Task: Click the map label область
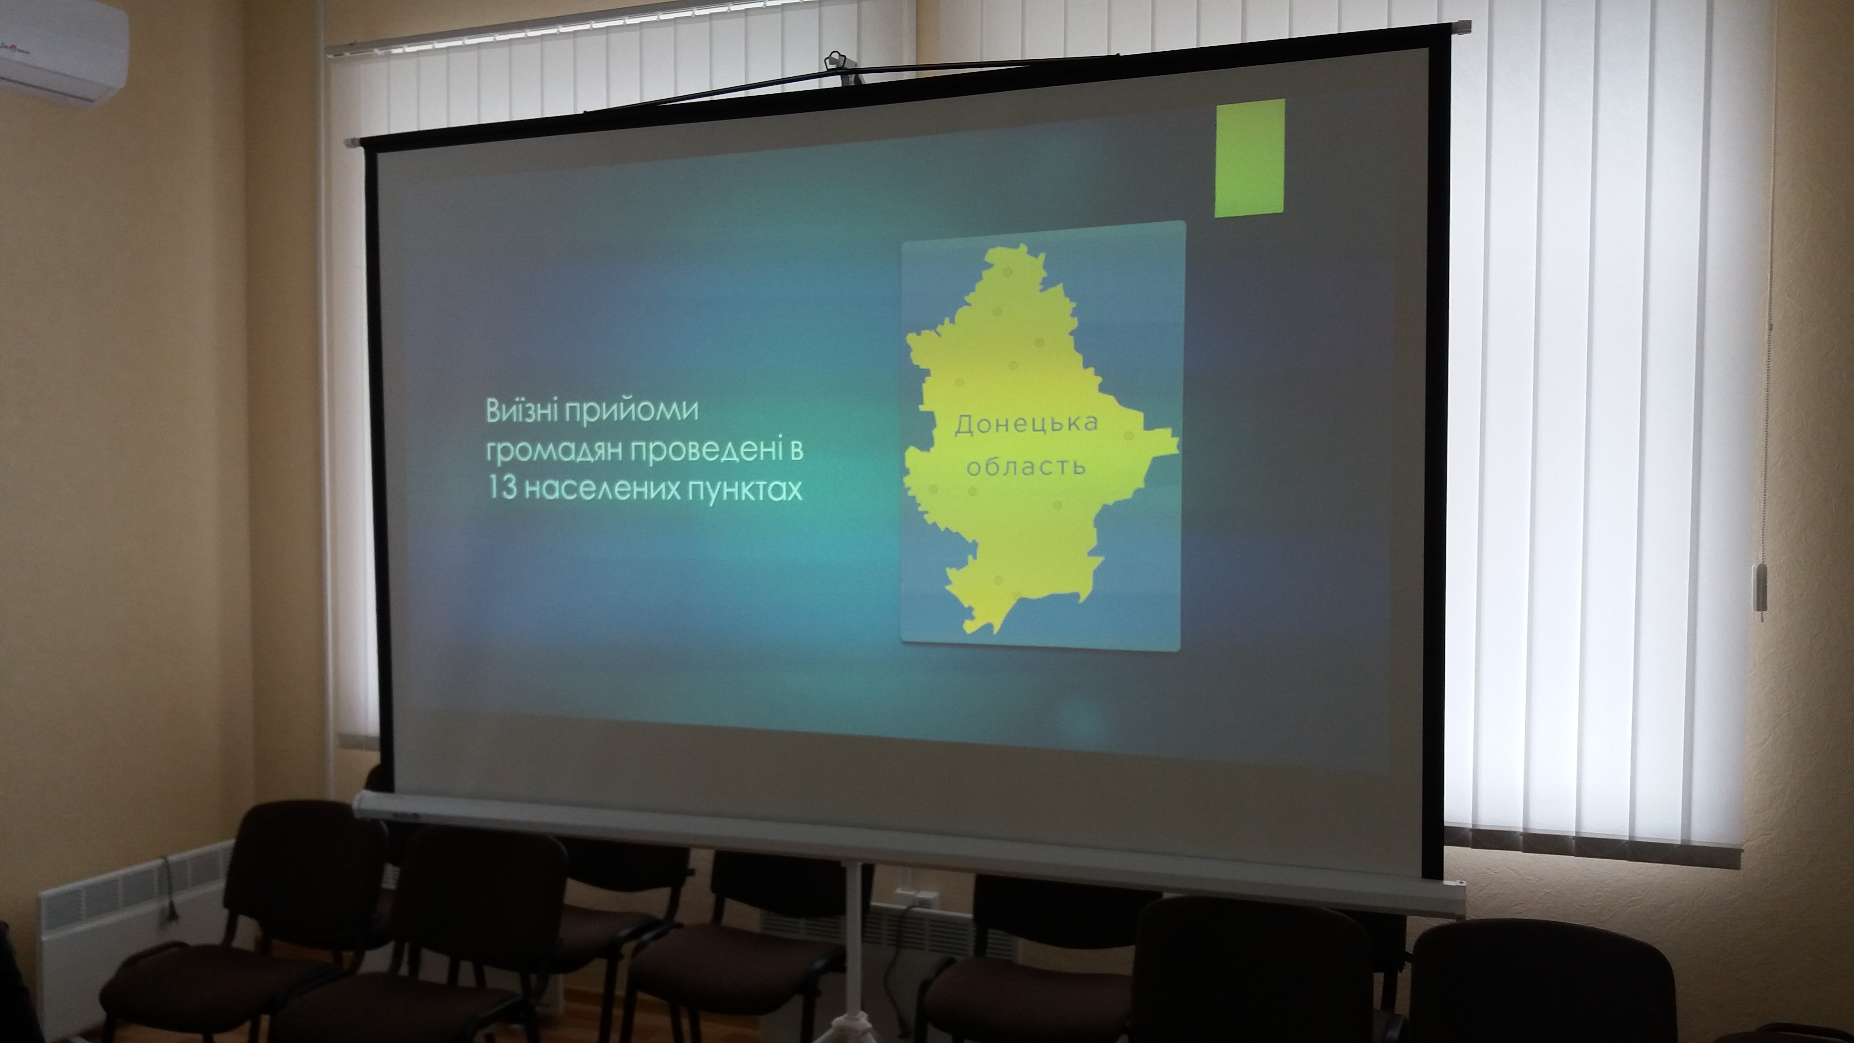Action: pyautogui.click(x=1026, y=466)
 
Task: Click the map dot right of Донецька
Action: pyautogui.click(x=1129, y=436)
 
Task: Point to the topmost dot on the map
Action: pyautogui.click(x=1007, y=272)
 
